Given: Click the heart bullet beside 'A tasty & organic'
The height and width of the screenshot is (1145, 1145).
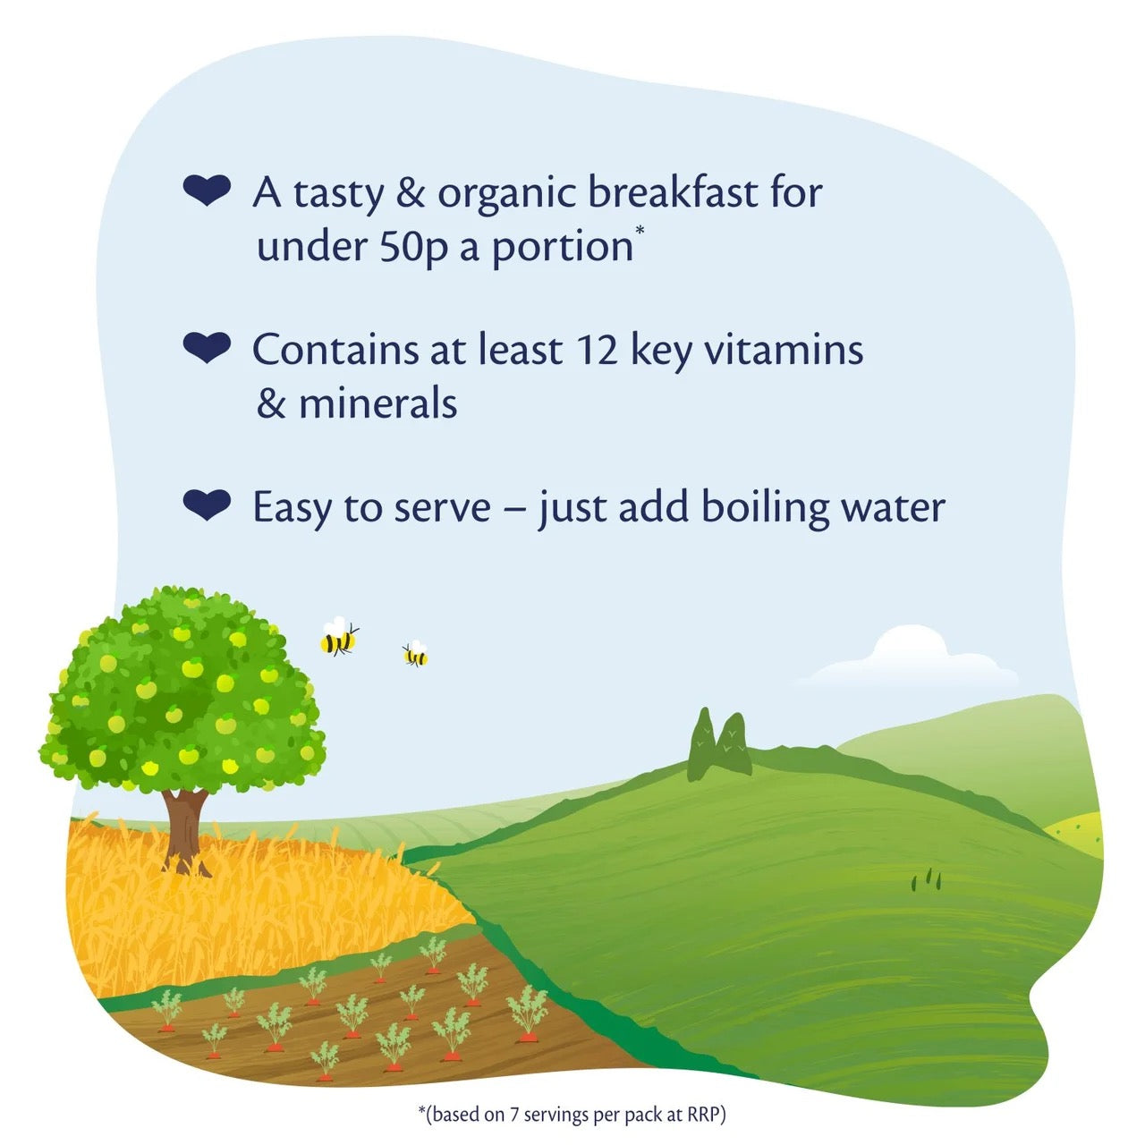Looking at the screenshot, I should pos(207,191).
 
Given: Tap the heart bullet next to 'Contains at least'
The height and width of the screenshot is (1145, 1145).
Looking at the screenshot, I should pos(207,347).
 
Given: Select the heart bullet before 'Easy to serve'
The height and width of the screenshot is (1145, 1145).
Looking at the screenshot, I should pos(207,505).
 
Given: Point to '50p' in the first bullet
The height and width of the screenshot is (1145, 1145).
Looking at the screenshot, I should pos(413,247).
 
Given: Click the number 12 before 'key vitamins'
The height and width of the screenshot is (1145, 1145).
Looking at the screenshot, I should pos(598,350).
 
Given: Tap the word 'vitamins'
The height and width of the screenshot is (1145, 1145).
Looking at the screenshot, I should pos(783,350).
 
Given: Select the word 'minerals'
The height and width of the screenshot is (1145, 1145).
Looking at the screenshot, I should pos(377,403).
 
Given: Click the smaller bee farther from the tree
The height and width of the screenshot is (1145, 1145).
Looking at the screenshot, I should pos(415,655).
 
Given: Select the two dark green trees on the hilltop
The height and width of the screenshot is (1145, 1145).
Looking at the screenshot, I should pos(719,745).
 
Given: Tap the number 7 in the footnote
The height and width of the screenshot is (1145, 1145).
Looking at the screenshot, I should pos(514,1115).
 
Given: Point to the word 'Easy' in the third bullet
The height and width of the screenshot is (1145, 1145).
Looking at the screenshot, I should pos(292,507).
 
